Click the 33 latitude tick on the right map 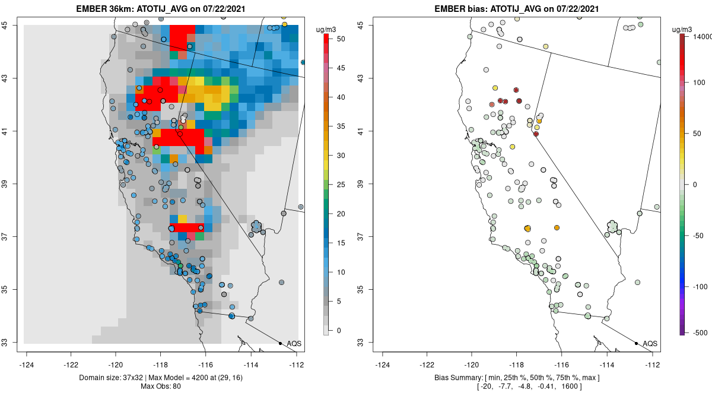(x=367, y=343)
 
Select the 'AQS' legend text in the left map (x=294, y=344)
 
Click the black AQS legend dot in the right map (x=636, y=343)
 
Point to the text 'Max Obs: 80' (x=160, y=387)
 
